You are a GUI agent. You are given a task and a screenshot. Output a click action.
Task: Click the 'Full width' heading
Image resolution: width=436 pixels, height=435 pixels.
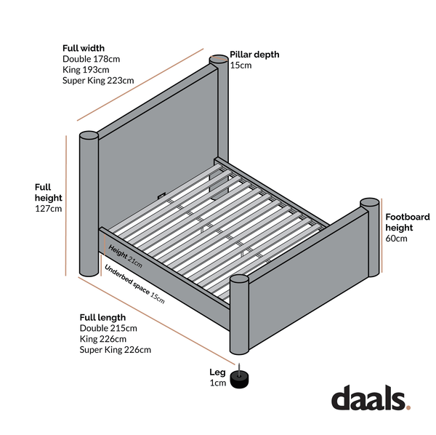(84, 48)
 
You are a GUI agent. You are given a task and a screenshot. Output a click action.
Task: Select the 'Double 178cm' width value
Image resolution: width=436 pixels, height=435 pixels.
(92, 59)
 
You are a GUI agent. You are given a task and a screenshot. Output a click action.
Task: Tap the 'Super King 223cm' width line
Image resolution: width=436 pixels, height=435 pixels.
(98, 81)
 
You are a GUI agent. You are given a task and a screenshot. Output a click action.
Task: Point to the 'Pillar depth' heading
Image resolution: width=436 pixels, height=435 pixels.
(254, 55)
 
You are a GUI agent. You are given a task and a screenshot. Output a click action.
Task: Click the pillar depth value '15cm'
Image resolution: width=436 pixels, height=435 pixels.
(241, 65)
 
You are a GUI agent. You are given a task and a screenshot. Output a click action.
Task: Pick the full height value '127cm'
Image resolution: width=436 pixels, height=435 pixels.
(49, 209)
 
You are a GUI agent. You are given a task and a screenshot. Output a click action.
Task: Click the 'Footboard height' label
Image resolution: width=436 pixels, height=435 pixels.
(408, 222)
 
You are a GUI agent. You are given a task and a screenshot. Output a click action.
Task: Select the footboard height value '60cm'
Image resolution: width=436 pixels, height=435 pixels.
(396, 239)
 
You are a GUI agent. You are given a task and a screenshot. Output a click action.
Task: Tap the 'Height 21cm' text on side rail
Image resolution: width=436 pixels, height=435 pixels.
(125, 256)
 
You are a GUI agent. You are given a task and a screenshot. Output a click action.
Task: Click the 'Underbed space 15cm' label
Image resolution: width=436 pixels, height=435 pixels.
(134, 284)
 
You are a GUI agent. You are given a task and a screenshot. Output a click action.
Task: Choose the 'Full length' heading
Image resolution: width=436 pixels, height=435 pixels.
(102, 317)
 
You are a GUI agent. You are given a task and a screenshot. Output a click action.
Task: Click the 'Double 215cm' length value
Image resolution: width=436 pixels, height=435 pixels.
(108, 328)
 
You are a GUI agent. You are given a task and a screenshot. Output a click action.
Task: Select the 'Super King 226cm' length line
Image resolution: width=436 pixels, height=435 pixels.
(116, 350)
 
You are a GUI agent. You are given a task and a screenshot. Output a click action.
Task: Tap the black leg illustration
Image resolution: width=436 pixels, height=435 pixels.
(239, 378)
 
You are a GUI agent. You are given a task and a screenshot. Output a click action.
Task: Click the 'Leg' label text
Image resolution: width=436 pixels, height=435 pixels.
(217, 372)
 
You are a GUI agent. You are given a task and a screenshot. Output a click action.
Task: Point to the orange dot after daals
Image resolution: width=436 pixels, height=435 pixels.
(408, 407)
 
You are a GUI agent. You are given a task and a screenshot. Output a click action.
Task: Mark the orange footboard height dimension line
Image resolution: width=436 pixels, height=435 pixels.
(381, 236)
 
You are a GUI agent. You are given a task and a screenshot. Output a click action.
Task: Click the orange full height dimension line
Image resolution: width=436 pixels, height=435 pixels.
(66, 206)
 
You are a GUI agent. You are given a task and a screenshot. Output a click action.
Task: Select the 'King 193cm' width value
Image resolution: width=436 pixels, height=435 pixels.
(86, 70)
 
